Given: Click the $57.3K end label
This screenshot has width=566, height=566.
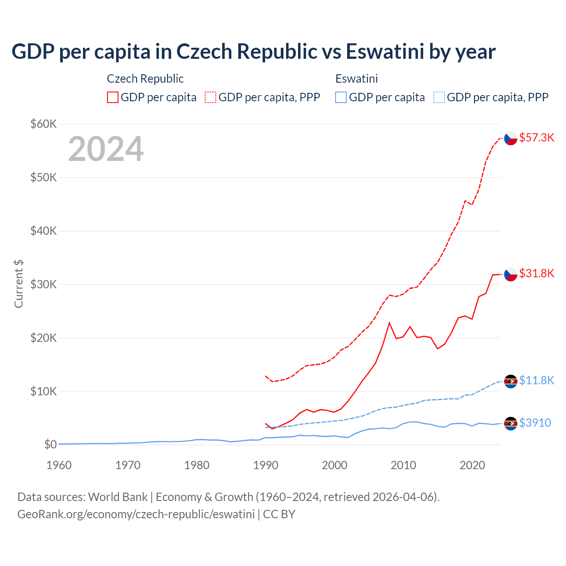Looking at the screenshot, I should (536, 138).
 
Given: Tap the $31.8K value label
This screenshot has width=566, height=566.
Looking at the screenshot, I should (536, 273).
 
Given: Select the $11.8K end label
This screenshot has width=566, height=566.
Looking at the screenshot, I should (536, 380).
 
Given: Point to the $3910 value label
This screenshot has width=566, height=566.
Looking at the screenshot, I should (535, 423).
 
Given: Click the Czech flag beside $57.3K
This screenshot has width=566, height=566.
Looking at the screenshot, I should (511, 138).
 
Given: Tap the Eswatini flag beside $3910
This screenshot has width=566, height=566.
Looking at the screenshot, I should (511, 424).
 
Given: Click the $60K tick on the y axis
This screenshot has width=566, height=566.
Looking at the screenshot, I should (43, 124).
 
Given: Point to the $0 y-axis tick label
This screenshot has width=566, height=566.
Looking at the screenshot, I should (50, 444).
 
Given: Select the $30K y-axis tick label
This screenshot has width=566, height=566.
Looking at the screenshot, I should (43, 284).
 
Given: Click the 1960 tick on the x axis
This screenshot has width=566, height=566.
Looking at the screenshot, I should (59, 465).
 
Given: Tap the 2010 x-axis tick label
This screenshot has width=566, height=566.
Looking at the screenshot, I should (403, 465).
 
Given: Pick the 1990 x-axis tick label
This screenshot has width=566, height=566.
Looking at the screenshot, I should (266, 465).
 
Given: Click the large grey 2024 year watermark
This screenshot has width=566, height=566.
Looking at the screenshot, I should (106, 149).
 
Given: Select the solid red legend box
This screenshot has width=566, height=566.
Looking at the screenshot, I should (113, 97).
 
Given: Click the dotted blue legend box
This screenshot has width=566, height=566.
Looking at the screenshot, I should (439, 97).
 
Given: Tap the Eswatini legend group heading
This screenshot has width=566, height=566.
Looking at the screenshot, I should (356, 79).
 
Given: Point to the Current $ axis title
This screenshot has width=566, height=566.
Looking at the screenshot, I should (19, 284).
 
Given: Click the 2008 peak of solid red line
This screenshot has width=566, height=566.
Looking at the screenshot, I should (389, 323).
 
